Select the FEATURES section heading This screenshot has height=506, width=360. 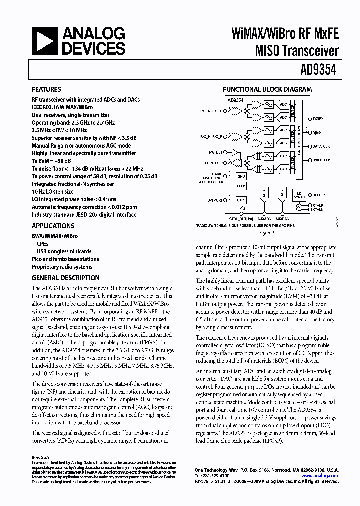(x=47, y=90)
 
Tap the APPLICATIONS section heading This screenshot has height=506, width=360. (x=53, y=226)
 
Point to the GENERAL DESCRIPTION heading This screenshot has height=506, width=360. (x=65, y=278)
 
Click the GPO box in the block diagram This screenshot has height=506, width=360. (x=241, y=177)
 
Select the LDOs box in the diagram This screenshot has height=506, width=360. (x=241, y=186)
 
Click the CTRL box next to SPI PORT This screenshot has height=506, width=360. (x=241, y=200)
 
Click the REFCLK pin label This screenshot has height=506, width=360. (x=319, y=195)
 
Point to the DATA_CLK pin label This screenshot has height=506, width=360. (x=321, y=146)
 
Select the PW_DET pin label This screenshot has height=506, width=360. (x=215, y=152)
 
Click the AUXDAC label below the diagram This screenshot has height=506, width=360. (x=282, y=219)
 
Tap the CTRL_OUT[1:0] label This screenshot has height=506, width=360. (x=241, y=219)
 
